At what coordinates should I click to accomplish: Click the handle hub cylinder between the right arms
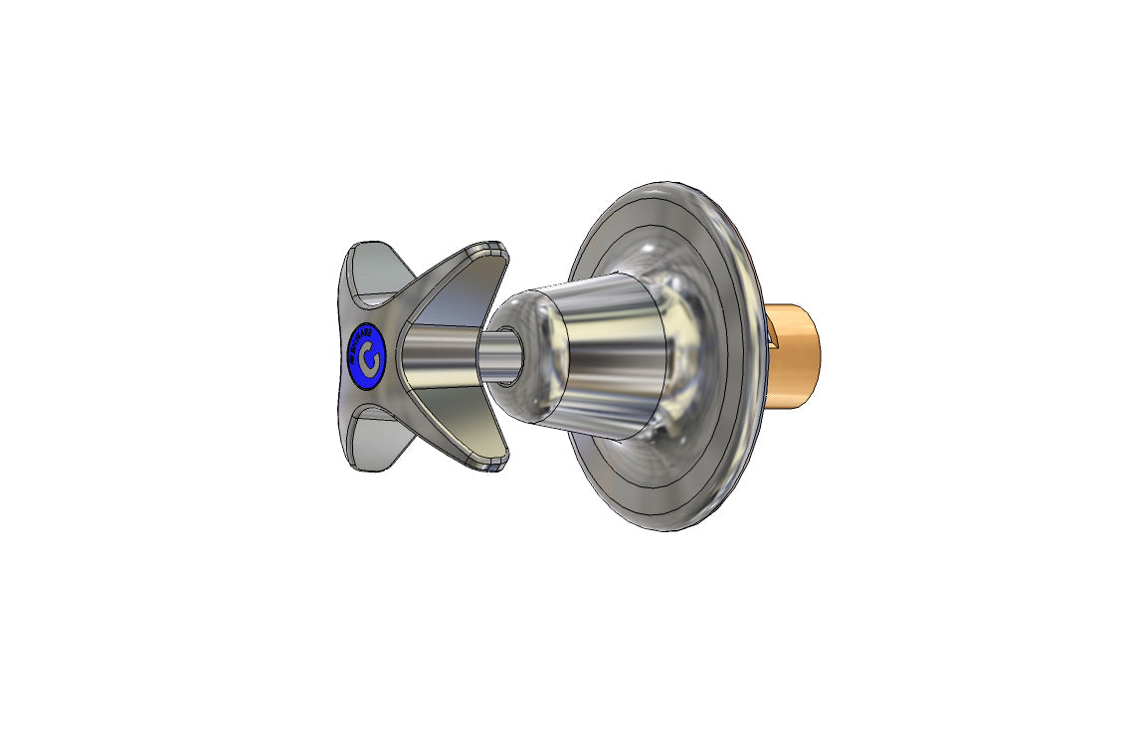point(438,354)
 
